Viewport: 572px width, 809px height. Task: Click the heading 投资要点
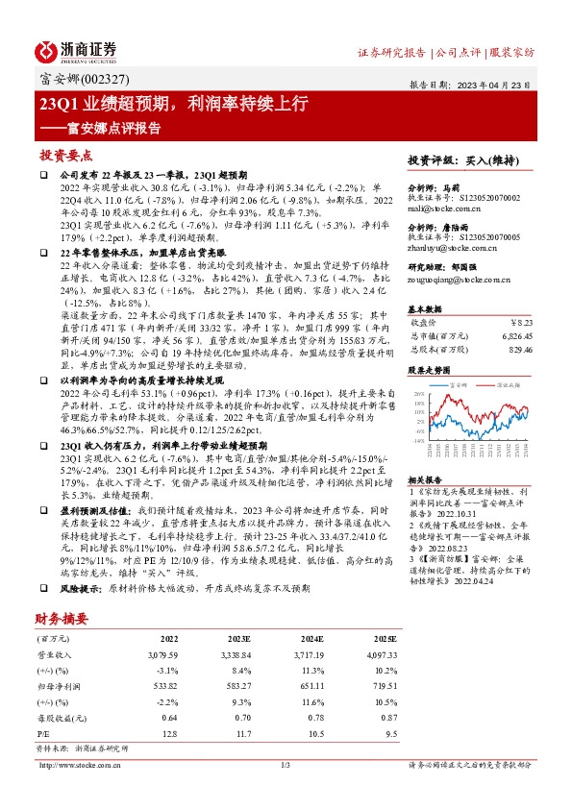[65, 155]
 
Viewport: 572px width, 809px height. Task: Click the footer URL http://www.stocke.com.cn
[79, 765]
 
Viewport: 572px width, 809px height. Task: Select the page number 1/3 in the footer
[285, 765]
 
